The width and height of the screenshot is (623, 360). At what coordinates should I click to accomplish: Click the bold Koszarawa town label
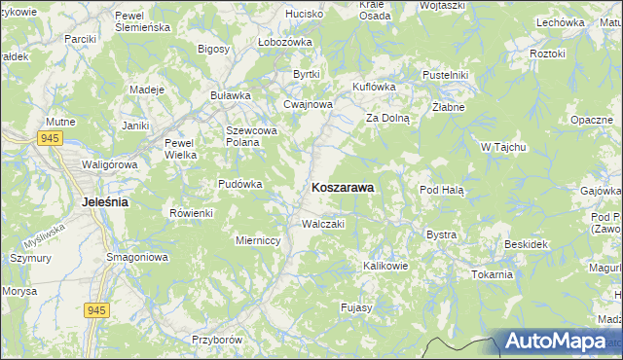(x=343, y=187)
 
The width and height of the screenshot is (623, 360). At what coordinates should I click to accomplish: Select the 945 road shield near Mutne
(x=52, y=139)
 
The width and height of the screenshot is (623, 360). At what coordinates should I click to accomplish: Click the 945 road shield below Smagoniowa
(x=95, y=309)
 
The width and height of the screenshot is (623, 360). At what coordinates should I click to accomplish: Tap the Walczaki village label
(x=323, y=224)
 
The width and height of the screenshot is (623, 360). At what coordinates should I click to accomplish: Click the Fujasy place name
(x=356, y=308)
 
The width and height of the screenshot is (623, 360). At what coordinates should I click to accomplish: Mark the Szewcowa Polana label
(x=252, y=136)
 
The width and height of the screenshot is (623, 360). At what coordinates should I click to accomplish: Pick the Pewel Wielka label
(x=181, y=147)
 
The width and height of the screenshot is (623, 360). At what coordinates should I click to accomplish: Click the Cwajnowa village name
(x=309, y=104)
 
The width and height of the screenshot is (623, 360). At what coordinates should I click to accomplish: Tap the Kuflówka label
(x=374, y=87)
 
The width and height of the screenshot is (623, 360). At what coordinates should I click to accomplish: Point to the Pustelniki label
(x=447, y=75)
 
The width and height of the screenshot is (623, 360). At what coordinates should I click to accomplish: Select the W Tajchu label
(x=503, y=147)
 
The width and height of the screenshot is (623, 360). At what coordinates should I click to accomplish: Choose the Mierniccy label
(x=259, y=238)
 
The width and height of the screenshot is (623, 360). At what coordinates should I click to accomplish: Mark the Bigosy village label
(x=213, y=49)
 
